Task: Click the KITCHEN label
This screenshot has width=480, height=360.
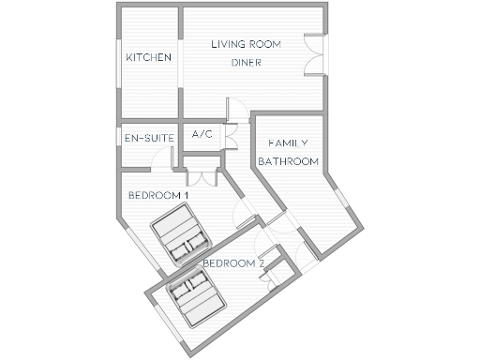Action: (149, 58)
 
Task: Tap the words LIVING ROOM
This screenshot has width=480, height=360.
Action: (246, 45)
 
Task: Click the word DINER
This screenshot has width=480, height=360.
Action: (246, 64)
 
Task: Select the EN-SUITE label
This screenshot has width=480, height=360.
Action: (147, 139)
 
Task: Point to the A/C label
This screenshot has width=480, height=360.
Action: (202, 135)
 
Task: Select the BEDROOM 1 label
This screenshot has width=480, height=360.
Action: (158, 195)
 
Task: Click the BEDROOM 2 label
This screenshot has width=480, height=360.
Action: (233, 263)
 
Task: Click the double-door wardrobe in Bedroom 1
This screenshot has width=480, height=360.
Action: (202, 175)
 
